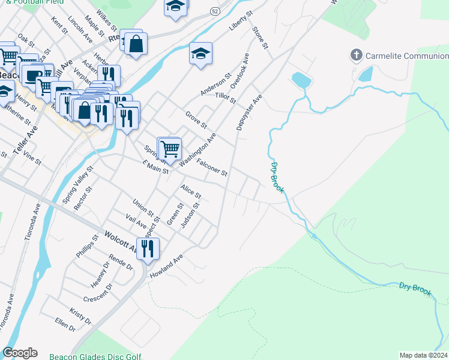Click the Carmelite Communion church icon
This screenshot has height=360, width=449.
(357, 56)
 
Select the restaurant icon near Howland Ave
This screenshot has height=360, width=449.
(148, 248)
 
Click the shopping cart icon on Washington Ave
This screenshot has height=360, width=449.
(170, 148)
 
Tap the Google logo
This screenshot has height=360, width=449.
(20, 353)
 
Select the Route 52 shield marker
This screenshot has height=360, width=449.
(214, 11)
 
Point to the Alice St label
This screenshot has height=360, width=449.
(191, 191)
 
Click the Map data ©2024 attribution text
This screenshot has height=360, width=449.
(423, 355)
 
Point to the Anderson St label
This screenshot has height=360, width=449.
(215, 85)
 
